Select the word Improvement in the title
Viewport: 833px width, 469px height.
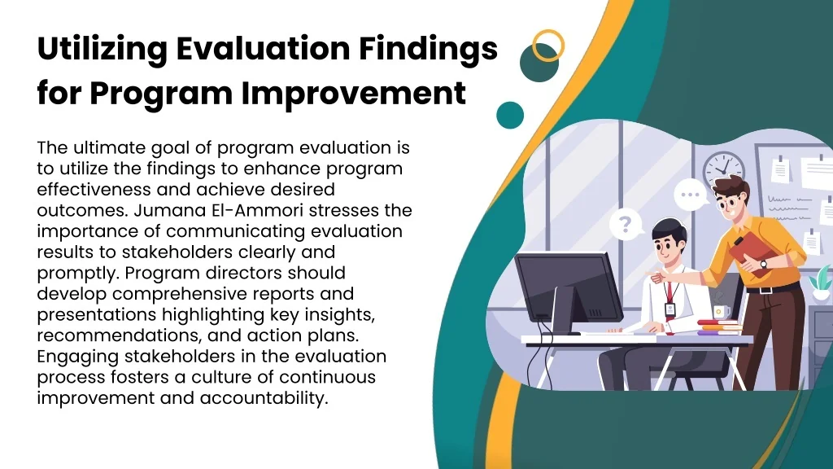click(353, 93)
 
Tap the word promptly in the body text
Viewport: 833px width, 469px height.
click(79, 274)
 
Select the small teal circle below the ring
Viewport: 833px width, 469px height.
click(510, 116)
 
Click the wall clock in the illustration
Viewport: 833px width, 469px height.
click(723, 169)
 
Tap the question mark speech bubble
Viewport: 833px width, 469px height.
click(626, 225)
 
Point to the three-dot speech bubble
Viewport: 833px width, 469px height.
click(691, 195)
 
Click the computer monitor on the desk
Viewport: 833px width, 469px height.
click(568, 291)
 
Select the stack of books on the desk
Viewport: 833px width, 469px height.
click(719, 327)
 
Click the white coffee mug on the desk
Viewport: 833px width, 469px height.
click(721, 312)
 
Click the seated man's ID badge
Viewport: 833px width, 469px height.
click(669, 310)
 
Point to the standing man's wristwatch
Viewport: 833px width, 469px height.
click(763, 264)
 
